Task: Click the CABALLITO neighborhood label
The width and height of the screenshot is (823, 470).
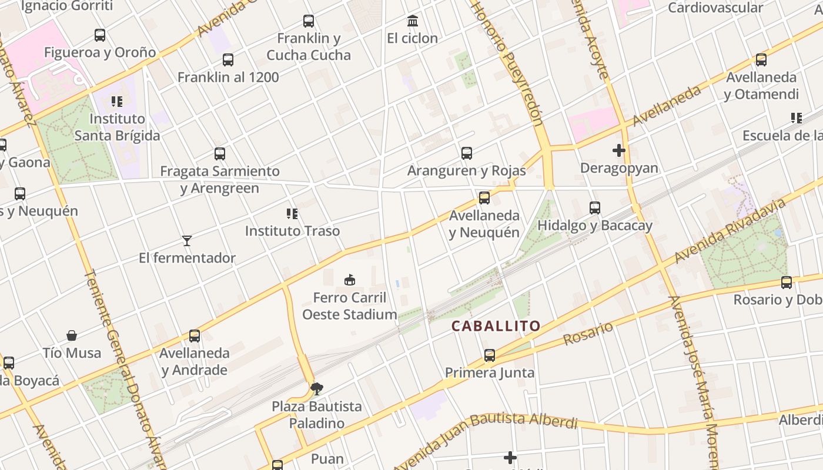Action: click(x=496, y=326)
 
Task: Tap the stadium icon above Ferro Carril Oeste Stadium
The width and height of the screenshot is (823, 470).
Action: click(x=350, y=280)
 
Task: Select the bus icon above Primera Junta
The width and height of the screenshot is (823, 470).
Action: click(x=490, y=355)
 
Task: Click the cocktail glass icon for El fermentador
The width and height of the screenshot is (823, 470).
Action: click(x=187, y=241)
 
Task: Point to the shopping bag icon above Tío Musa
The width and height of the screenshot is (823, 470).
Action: click(x=72, y=335)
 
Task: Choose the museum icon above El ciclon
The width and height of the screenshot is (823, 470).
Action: click(x=413, y=22)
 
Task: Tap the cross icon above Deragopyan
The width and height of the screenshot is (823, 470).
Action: click(x=619, y=151)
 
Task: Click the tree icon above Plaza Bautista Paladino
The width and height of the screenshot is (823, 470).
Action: click(x=317, y=388)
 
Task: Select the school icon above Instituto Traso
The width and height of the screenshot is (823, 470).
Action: click(x=292, y=213)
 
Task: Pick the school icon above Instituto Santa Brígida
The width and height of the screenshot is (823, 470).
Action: click(x=117, y=102)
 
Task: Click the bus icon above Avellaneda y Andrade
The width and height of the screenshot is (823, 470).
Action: click(x=195, y=336)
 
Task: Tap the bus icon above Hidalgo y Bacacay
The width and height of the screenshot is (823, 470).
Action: click(x=595, y=208)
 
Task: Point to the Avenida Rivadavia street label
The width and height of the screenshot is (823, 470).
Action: click(x=730, y=231)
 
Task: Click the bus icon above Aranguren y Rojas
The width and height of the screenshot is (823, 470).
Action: click(x=467, y=153)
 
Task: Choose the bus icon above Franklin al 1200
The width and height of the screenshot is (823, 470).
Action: click(x=228, y=60)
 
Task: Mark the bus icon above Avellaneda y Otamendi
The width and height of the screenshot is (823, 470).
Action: click(x=761, y=60)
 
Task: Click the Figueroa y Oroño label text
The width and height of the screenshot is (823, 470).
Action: click(x=100, y=52)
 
